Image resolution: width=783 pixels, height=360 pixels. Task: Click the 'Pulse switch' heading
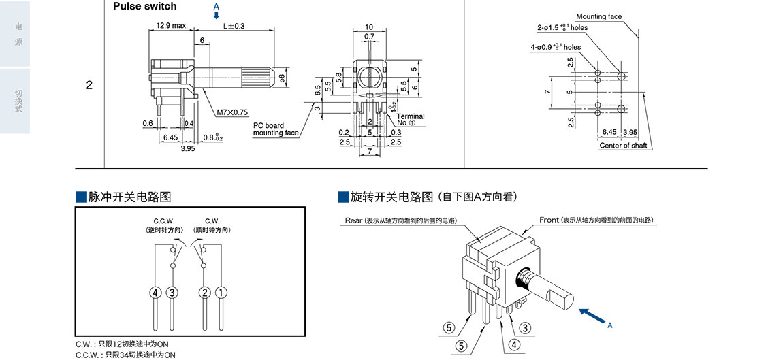click(x=144, y=7)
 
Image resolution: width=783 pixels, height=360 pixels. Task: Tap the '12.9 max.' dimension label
click(x=172, y=26)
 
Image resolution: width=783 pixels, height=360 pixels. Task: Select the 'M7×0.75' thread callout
click(x=233, y=112)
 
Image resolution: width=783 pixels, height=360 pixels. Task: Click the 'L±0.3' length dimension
click(x=234, y=26)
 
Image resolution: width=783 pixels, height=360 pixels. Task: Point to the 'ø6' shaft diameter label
click(x=281, y=79)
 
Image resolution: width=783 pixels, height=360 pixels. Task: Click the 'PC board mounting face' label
click(x=275, y=129)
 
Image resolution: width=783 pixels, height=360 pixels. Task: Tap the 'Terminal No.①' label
click(x=411, y=120)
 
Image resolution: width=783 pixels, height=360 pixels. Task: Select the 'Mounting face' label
click(x=598, y=16)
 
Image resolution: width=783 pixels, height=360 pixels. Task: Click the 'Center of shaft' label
click(x=623, y=146)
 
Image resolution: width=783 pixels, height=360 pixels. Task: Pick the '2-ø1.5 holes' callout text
click(x=562, y=28)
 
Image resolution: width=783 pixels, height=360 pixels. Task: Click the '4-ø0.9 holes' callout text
click(x=556, y=48)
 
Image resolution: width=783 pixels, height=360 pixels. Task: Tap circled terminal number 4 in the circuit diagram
click(x=156, y=293)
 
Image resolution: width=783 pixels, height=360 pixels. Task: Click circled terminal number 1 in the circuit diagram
click(x=221, y=293)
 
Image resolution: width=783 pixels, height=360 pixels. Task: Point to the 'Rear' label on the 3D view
click(x=354, y=220)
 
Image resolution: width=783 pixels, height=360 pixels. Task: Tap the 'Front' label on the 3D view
click(x=549, y=220)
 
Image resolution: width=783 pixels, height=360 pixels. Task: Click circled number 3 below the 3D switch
click(x=526, y=328)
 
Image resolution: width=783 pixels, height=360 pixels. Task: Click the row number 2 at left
click(x=89, y=86)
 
